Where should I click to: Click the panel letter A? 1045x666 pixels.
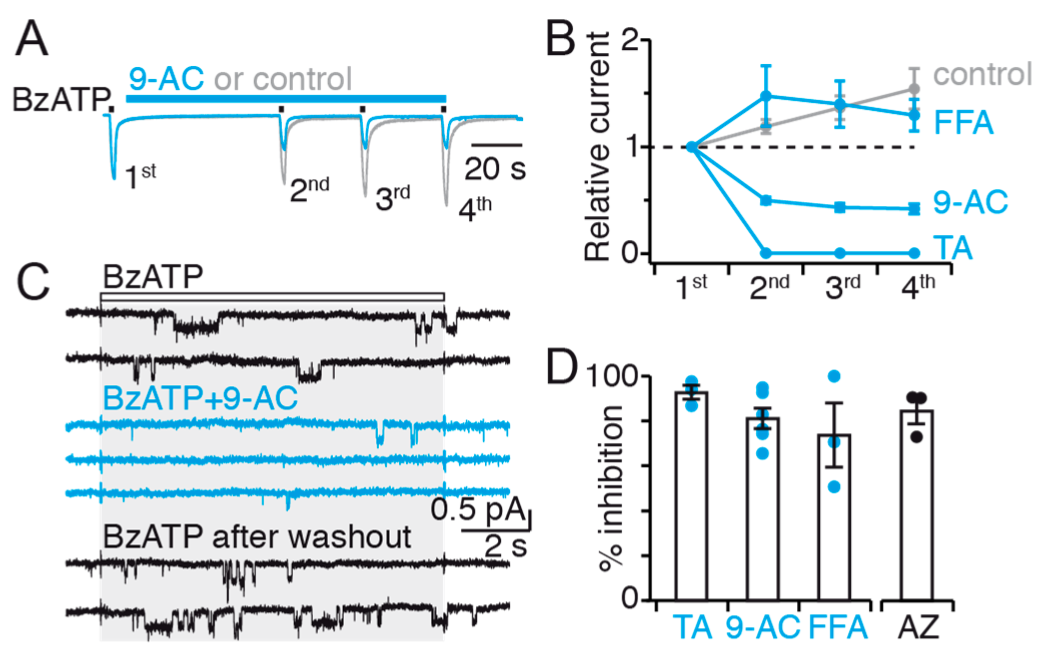pos(32,39)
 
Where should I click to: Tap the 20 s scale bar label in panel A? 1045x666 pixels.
pos(495,169)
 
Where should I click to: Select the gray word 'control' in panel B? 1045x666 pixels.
pos(982,74)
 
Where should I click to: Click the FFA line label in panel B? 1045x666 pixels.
pos(963,122)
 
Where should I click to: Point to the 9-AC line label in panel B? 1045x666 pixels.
pos(970,202)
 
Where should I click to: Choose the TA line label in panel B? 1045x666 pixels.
pos(952,248)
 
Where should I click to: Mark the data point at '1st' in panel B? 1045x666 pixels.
pos(691,147)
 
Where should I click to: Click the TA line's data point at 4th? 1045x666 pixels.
pos(914,253)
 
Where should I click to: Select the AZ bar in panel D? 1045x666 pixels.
pos(916,505)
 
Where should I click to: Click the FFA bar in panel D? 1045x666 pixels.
pos(834,517)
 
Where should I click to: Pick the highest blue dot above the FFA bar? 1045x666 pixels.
pos(834,376)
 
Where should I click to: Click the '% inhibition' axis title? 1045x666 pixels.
pos(611,487)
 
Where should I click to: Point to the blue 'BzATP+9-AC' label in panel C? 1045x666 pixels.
pos(200,398)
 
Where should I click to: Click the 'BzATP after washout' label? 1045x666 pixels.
pos(257,537)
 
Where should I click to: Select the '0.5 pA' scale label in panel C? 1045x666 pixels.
pos(478,509)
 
